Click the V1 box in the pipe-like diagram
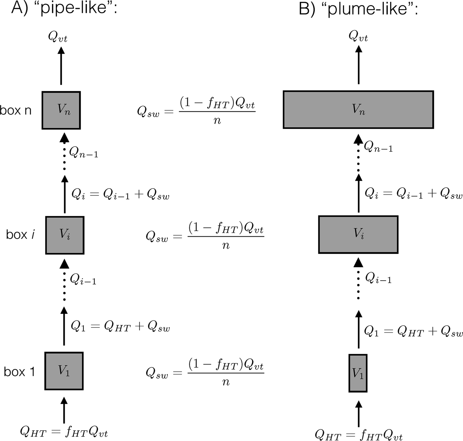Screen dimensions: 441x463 64,371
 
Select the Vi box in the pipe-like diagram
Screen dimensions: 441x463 65,235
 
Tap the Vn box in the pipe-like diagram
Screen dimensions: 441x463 61,110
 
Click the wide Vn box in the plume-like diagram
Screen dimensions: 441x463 358,110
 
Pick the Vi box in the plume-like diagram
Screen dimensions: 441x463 358,235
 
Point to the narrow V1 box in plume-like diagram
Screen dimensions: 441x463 358,373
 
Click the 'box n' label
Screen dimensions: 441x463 16,110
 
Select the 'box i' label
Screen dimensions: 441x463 20,235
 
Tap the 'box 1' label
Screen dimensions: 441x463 19,371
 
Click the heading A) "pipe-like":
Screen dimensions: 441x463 63,8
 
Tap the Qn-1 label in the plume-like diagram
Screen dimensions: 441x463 378,147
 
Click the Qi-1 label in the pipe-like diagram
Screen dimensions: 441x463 83,279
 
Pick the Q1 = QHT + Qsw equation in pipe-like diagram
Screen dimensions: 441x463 120,327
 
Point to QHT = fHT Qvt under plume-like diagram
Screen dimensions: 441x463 358,435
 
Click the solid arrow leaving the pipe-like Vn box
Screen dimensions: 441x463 61,67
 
